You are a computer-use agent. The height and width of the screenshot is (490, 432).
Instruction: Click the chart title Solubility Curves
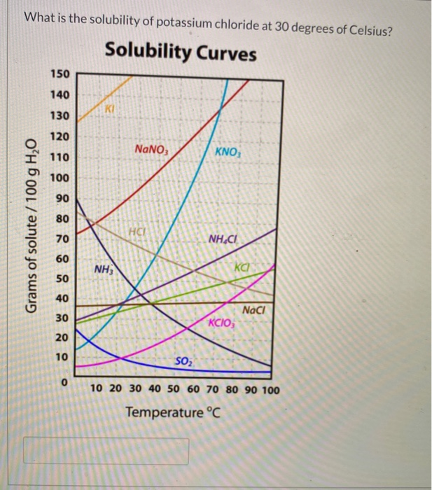[x=180, y=52]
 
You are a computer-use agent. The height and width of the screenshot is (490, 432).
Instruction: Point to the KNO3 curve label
[x=228, y=153]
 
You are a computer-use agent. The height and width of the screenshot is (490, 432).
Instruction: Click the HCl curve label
[x=137, y=232]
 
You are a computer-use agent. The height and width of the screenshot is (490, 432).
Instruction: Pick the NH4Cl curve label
[x=223, y=240]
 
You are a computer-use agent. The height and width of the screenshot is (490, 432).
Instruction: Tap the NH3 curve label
[x=103, y=269]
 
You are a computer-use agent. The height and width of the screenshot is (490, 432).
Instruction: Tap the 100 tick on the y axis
[x=60, y=178]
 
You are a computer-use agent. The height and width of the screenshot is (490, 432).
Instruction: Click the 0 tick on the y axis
[x=64, y=383]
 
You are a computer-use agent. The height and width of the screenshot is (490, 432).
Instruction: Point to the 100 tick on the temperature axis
[x=270, y=389]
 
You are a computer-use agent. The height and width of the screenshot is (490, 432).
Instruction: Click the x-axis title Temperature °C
[x=173, y=413]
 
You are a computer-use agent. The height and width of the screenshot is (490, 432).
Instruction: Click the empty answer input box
[x=106, y=451]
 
